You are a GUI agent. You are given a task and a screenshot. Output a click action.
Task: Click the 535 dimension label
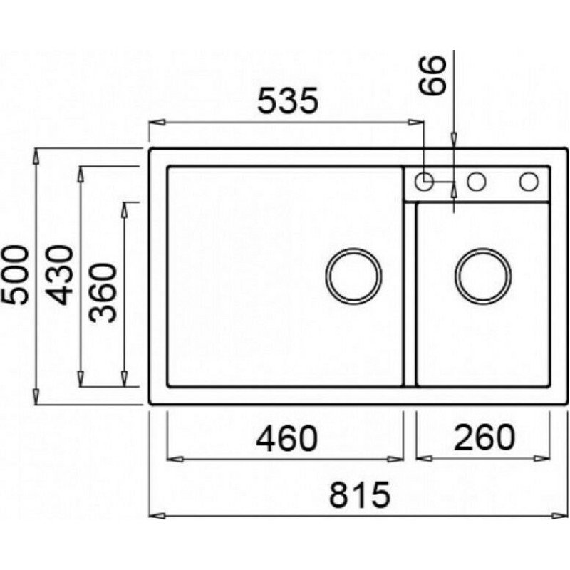(288, 100)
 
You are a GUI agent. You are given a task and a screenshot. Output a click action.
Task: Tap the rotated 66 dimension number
(432, 76)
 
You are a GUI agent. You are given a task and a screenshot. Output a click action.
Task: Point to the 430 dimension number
(60, 275)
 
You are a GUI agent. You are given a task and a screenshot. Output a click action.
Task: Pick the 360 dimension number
(103, 294)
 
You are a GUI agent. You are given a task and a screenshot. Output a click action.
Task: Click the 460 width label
(287, 438)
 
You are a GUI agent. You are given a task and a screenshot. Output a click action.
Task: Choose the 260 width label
(484, 437)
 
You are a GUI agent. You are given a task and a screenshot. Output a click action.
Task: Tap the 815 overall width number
(359, 494)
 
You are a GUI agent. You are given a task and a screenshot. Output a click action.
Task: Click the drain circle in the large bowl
(353, 276)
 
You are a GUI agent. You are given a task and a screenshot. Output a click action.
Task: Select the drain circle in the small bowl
(483, 276)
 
